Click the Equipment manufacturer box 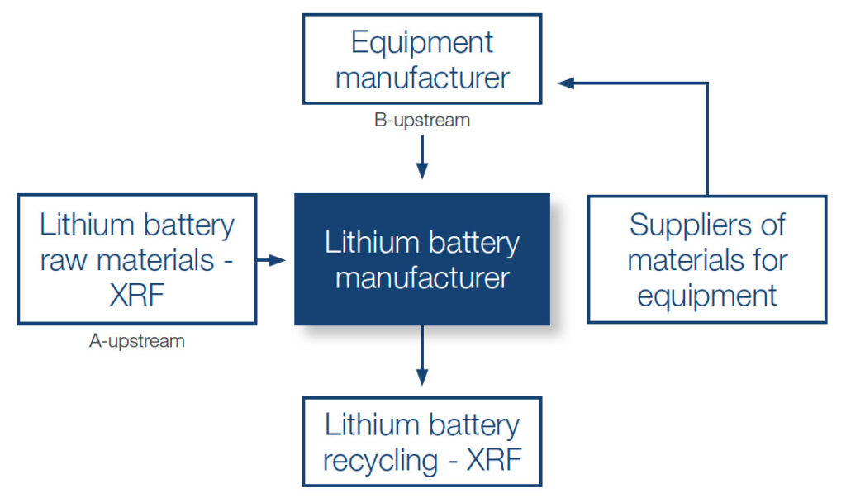click(x=421, y=59)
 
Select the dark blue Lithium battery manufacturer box click(x=421, y=259)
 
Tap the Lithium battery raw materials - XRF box click(x=137, y=259)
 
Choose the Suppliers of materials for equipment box click(x=707, y=259)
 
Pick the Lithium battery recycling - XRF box click(x=421, y=442)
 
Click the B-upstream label click(x=421, y=121)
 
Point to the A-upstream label click(x=137, y=340)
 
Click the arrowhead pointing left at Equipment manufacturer click(x=565, y=83)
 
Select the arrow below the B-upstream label click(x=422, y=157)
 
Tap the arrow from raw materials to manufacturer click(x=271, y=260)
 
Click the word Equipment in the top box click(x=421, y=42)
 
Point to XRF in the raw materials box click(x=137, y=295)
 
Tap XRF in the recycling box click(x=493, y=460)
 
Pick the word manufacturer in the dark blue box click(x=421, y=278)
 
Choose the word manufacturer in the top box click(x=421, y=78)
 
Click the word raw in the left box click(x=65, y=260)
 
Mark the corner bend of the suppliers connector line click(x=707, y=83)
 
